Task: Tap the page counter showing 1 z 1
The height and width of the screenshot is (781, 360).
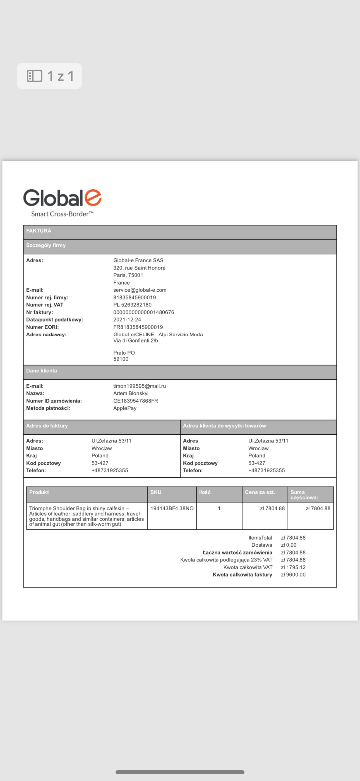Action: click(x=49, y=76)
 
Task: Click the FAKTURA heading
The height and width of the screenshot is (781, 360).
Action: click(x=39, y=231)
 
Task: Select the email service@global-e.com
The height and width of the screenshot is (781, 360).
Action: click(x=140, y=290)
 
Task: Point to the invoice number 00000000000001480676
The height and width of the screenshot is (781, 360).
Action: click(x=144, y=312)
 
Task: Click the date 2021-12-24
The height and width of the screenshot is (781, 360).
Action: click(x=127, y=320)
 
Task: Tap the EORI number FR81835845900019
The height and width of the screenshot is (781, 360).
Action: click(x=138, y=327)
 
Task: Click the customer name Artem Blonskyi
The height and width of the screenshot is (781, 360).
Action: click(x=131, y=393)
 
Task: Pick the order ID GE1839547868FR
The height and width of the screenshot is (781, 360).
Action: click(x=135, y=401)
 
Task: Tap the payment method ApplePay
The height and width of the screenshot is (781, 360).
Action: click(x=125, y=408)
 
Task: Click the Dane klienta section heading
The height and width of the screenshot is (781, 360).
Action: click(x=42, y=371)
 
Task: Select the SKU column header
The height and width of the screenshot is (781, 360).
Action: click(x=156, y=492)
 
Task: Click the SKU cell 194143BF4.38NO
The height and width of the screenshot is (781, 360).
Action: click(x=172, y=508)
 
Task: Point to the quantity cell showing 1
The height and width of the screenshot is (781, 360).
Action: click(x=219, y=508)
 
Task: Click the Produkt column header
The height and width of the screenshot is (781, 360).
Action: click(x=39, y=492)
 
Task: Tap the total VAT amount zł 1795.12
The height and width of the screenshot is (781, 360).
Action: click(x=293, y=567)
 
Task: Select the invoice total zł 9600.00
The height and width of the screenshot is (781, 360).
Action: click(x=293, y=575)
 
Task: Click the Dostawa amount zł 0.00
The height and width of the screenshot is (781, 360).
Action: click(x=289, y=545)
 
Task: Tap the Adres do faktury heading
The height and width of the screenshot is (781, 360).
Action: click(x=47, y=426)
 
